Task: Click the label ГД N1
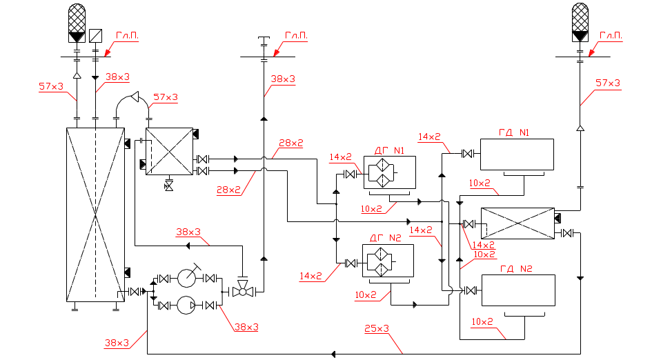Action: pos(516,132)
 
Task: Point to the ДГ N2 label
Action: pos(386,237)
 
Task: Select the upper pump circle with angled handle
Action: pos(186,278)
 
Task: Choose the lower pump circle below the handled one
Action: pos(186,305)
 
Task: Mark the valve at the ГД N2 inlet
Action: pos(471,291)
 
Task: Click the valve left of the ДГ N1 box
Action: pos(350,174)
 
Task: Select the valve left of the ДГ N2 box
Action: pos(349,263)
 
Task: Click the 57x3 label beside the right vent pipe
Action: pos(608,83)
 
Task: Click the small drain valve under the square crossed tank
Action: pos(168,185)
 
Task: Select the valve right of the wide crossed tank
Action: pos(567,233)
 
